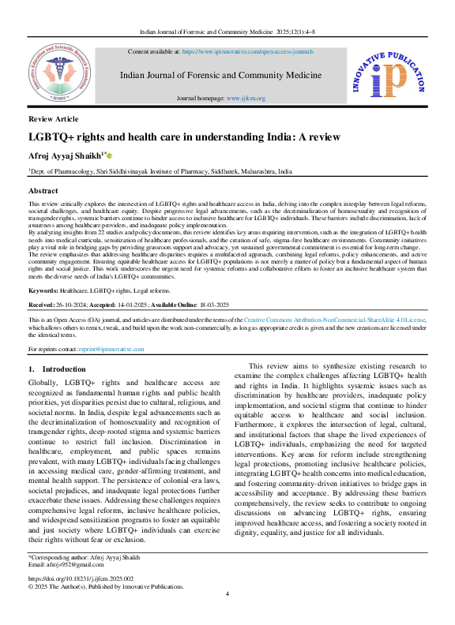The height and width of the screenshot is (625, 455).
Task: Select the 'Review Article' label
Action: (53, 118)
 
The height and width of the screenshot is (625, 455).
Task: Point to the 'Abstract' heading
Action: (43, 191)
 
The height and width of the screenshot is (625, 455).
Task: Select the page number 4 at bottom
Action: (227, 615)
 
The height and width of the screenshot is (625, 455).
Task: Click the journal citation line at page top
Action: (227, 31)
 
